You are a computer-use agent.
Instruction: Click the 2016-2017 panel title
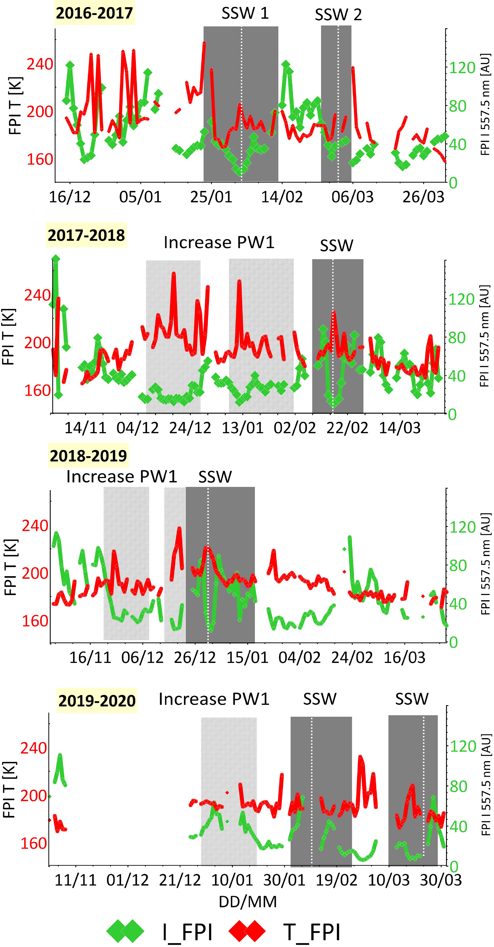[x=94, y=13]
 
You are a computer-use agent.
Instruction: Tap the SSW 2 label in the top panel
[x=338, y=15]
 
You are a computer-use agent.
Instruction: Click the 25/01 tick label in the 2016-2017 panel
[x=211, y=197]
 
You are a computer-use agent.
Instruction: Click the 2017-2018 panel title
[x=86, y=235]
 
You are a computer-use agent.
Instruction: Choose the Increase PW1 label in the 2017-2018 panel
[x=219, y=243]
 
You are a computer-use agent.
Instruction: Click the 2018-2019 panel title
[x=88, y=456]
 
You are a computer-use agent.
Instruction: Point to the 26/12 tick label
[x=195, y=657]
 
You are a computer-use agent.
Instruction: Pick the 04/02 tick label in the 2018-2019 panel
[x=299, y=657]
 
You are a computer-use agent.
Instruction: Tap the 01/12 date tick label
[x=128, y=880]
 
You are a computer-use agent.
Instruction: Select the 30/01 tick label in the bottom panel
[x=284, y=880]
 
